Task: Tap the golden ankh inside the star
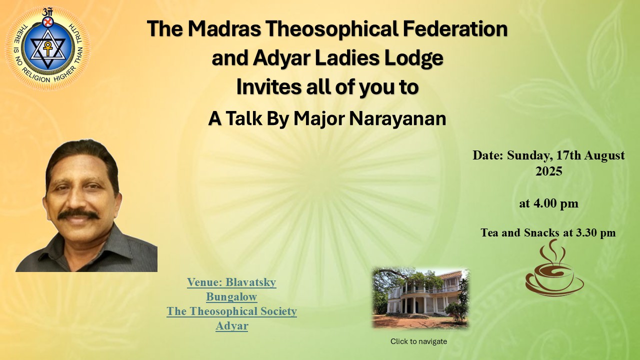coord(47,48)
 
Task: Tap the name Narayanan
coord(397,118)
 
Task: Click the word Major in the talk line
coord(319,119)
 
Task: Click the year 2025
coord(549,171)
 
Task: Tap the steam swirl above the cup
coord(553,251)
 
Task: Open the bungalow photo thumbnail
coord(420,298)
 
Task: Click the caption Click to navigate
coord(418,341)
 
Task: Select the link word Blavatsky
coord(251,282)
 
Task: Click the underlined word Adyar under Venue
coord(232,326)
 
